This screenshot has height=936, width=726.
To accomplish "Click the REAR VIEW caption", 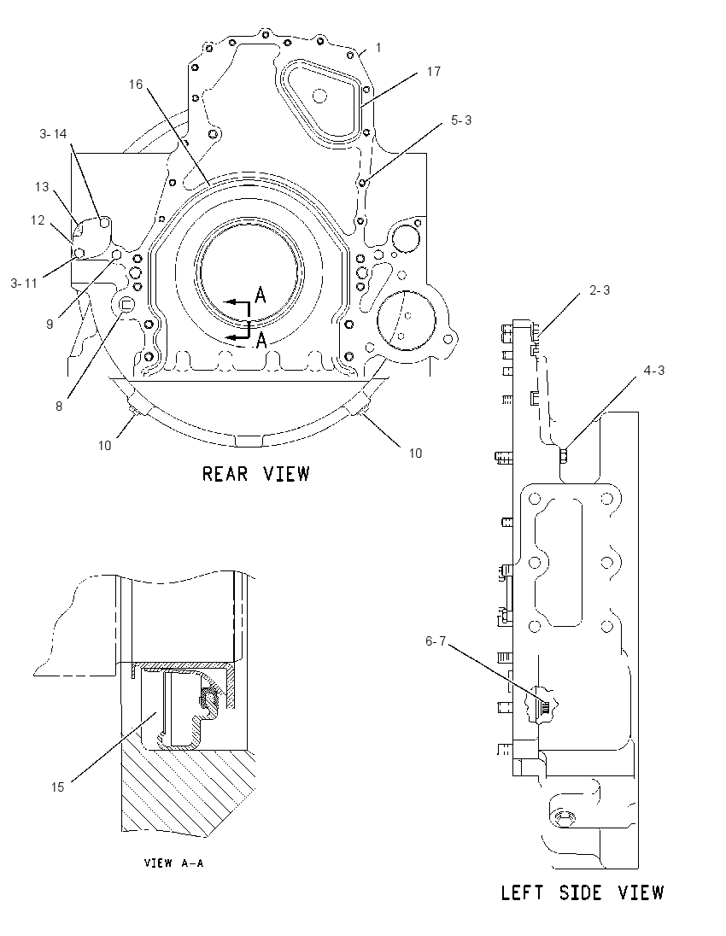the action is point(255,474).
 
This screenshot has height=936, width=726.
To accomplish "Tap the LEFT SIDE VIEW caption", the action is point(583,893).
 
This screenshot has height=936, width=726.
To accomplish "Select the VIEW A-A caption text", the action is point(173,863).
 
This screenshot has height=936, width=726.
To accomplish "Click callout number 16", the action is point(136,85).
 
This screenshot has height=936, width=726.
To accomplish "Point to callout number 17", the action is point(433,72).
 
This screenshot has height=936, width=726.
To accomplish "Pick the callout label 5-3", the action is point(461,120).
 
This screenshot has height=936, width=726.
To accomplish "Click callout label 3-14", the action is point(53,134).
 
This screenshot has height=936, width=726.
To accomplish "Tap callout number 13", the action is point(42,187).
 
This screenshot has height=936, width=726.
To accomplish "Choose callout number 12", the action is point(38,220).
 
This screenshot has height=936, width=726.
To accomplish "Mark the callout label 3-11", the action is point(24,284).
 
